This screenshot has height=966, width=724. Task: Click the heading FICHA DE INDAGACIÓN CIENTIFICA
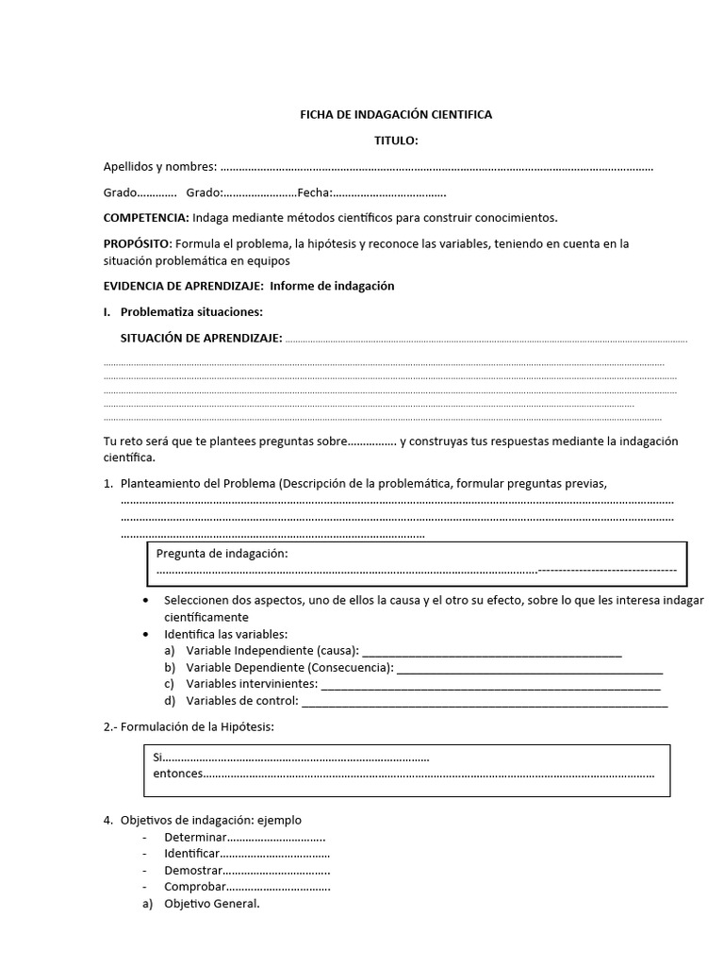[x=396, y=115]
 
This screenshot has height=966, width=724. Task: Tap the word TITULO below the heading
[x=396, y=142]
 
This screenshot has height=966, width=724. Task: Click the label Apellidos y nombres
[x=159, y=167]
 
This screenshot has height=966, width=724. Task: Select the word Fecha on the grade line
[x=313, y=192]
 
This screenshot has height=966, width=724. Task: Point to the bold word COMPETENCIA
[x=145, y=218]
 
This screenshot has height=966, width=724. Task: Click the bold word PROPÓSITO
[x=137, y=243]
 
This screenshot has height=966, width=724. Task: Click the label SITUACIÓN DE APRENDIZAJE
[x=201, y=339]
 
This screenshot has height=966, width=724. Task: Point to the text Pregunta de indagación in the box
[x=222, y=554]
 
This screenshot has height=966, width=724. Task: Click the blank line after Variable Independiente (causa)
[x=491, y=652]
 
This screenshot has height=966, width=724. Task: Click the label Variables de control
[x=241, y=700]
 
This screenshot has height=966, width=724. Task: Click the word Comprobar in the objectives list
[x=195, y=887]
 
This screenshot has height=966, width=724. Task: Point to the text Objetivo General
[x=211, y=904]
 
